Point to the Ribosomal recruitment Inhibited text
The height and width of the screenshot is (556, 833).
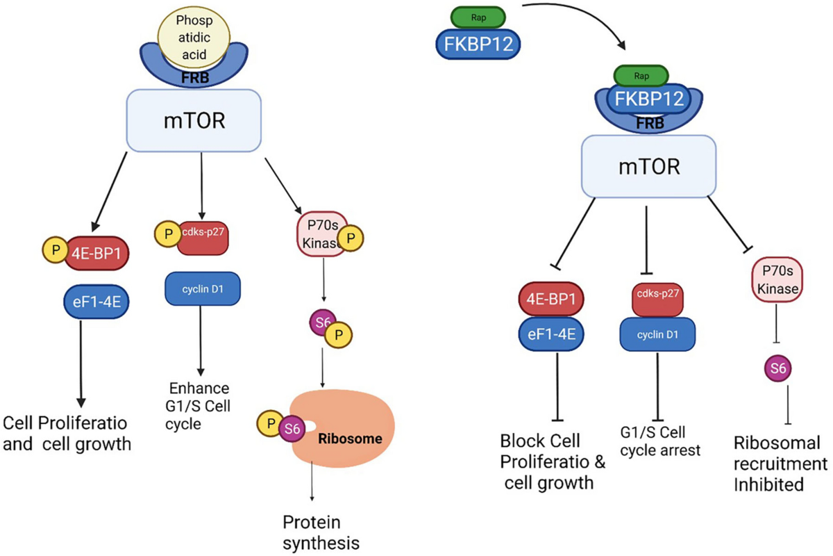(x=780, y=463)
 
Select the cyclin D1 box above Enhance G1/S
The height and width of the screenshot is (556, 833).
(x=202, y=288)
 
